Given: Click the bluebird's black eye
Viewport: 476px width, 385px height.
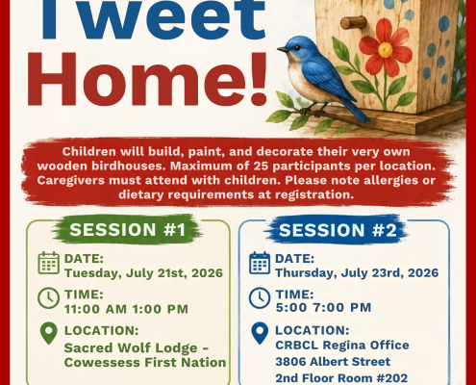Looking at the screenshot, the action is pyautogui.click(x=297, y=48).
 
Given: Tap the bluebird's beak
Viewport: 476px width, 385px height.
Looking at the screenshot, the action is pyautogui.click(x=283, y=49).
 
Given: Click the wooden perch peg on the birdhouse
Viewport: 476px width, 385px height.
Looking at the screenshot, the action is pyautogui.click(x=353, y=22).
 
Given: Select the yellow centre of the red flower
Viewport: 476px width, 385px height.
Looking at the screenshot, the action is pyautogui.click(x=385, y=50).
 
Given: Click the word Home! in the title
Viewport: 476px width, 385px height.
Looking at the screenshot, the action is pyautogui.click(x=147, y=79).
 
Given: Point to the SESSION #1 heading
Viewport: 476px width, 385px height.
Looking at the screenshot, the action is pyautogui.click(x=128, y=230).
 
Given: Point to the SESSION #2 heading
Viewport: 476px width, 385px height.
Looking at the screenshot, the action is pyautogui.click(x=338, y=230).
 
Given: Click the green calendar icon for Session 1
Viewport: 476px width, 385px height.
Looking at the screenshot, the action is pyautogui.click(x=49, y=263).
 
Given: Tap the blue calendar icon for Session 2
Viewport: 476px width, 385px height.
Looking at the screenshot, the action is pyautogui.click(x=260, y=263).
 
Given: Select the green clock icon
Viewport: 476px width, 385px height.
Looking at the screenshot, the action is pyautogui.click(x=48, y=298).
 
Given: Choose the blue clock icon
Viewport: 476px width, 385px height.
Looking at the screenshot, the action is pyautogui.click(x=260, y=298).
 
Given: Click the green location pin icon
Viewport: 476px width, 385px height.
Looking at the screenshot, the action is pyautogui.click(x=49, y=334).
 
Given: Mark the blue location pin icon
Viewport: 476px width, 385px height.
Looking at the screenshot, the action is pyautogui.click(x=260, y=334).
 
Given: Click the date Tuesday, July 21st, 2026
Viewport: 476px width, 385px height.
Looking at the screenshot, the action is pyautogui.click(x=143, y=273).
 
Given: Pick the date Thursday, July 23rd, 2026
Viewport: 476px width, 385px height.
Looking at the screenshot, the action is pyautogui.click(x=357, y=273).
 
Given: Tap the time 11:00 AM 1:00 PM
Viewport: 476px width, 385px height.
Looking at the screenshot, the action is pyautogui.click(x=126, y=309).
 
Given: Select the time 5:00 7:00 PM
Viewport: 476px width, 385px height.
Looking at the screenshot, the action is pyautogui.click(x=323, y=307).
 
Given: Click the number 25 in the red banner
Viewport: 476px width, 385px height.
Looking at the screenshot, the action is pyautogui.click(x=261, y=166).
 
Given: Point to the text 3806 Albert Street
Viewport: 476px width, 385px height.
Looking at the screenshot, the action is pyautogui.click(x=333, y=362).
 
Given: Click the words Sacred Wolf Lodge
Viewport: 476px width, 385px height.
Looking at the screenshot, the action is pyautogui.click(x=131, y=348).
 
